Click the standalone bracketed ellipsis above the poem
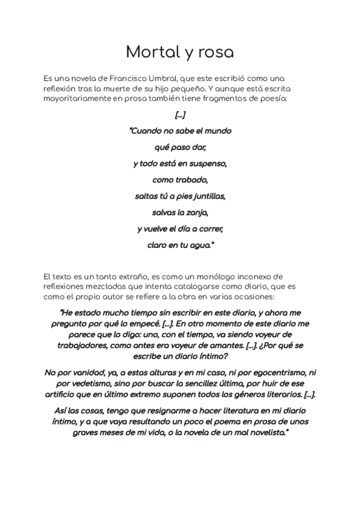(x=180, y=115)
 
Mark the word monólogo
(x=191, y=277)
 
